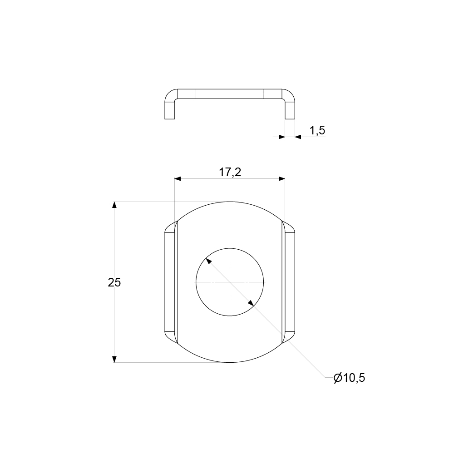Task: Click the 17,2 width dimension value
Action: coord(230,173)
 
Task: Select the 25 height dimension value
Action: coord(114,282)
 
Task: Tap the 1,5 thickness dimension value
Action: coord(317,131)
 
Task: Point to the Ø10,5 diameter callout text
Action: coord(349,378)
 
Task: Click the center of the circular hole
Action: coord(230,282)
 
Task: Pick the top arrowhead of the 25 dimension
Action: coord(114,205)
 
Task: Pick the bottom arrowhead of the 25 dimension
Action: coord(114,359)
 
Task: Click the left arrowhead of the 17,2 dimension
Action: coord(178,179)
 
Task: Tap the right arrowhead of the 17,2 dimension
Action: coord(281,179)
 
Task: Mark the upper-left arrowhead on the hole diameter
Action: coord(208,261)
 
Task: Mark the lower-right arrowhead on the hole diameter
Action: coord(251,303)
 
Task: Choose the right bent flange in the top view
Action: coord(290,282)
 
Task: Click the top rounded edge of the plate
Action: coord(230,202)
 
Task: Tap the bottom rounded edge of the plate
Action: coord(230,362)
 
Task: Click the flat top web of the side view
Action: coord(230,94)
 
